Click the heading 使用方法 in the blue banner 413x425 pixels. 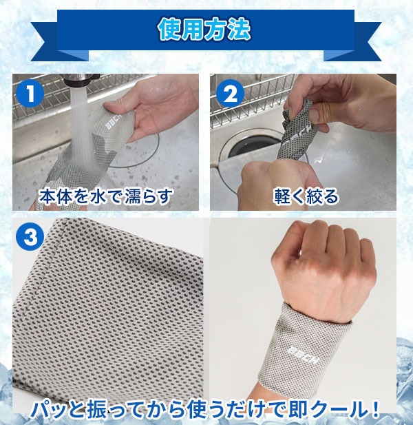click(204, 29)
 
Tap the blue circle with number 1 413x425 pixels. click(30, 94)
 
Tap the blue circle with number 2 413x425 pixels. click(230, 94)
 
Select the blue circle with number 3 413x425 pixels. click(30, 236)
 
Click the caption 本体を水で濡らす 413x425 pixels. click(105, 196)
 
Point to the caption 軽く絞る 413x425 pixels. click(306, 196)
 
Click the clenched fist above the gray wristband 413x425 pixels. click(324, 269)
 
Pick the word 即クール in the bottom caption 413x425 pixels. click(323, 410)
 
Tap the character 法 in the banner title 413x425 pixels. click(239, 29)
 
